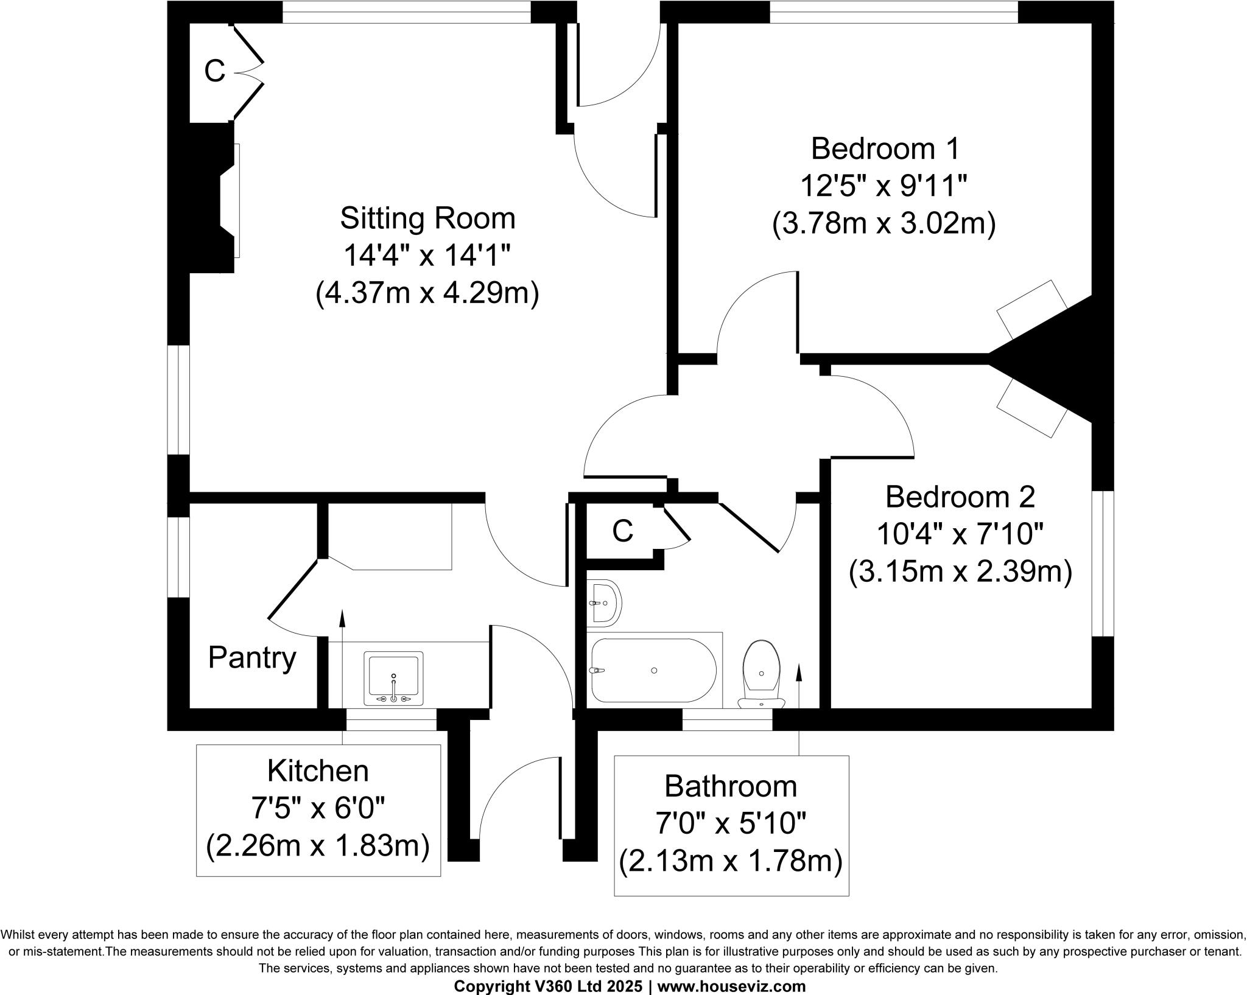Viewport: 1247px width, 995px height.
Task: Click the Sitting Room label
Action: click(427, 218)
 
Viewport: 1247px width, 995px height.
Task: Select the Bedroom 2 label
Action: click(960, 497)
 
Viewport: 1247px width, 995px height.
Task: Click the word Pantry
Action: click(252, 658)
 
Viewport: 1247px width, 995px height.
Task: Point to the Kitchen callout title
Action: click(318, 771)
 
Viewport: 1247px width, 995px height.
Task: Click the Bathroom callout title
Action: click(731, 786)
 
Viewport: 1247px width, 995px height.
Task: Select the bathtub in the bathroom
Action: click(653, 670)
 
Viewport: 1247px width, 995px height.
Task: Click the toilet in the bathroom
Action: click(762, 672)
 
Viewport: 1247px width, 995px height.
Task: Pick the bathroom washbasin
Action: click(604, 603)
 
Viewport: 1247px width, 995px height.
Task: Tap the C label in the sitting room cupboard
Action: click(214, 72)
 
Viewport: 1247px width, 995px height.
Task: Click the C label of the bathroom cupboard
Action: click(622, 531)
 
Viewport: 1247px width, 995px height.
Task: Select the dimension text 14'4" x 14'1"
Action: click(427, 256)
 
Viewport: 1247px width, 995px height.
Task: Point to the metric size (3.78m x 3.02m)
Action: click(884, 224)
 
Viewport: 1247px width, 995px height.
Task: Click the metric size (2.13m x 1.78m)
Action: click(731, 861)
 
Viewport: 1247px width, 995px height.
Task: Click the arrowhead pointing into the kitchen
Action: click(342, 617)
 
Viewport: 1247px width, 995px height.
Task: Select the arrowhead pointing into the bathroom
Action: click(799, 672)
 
